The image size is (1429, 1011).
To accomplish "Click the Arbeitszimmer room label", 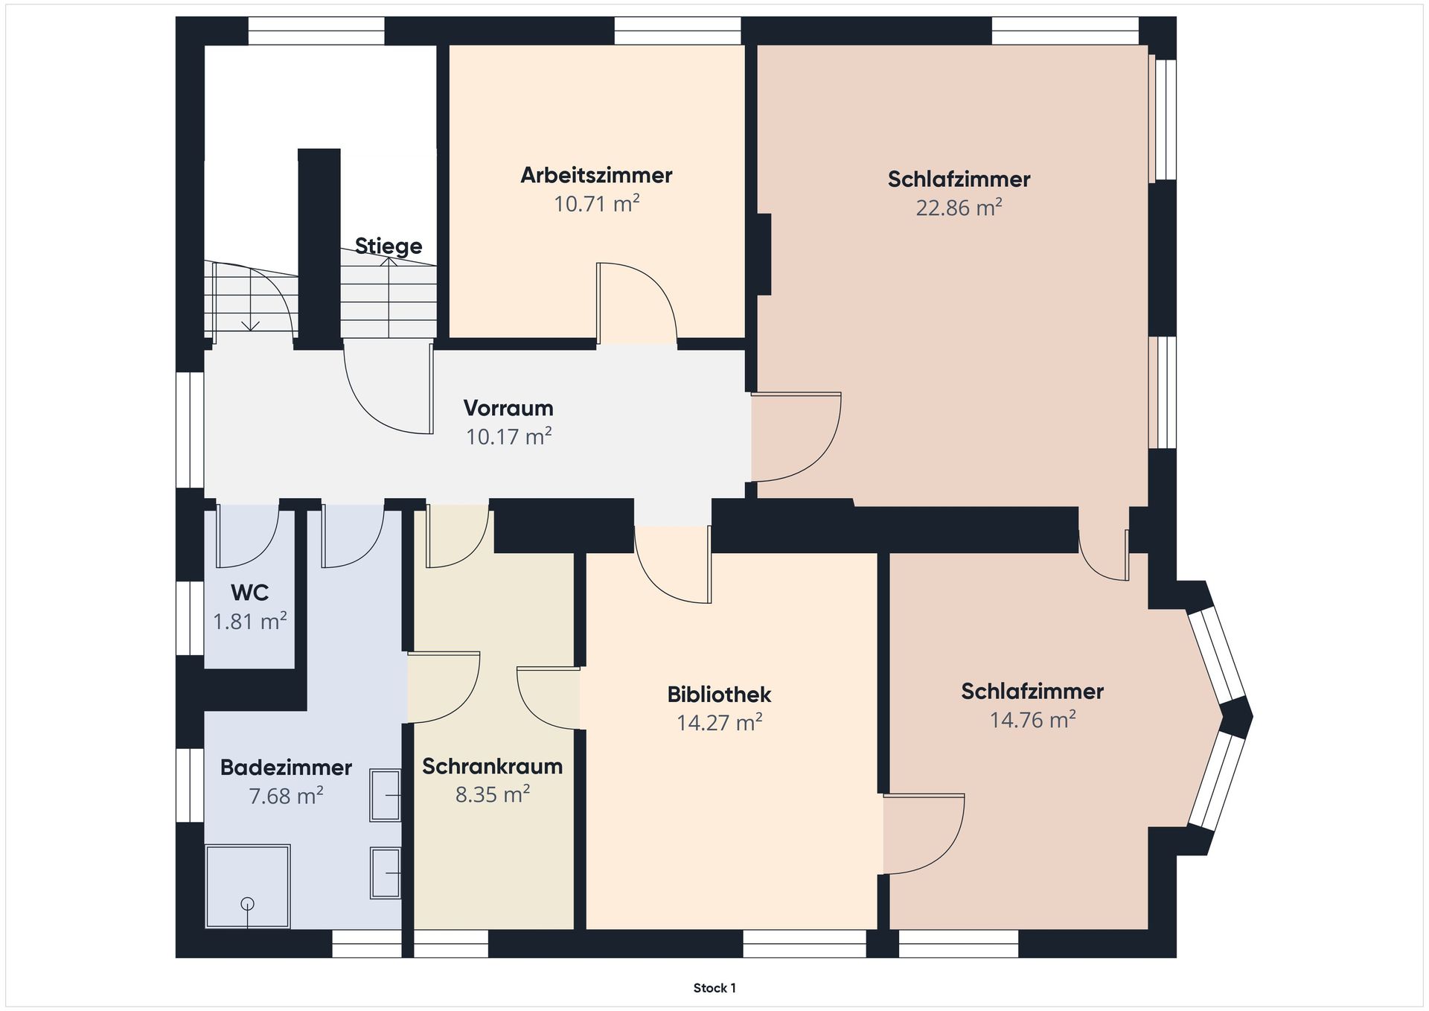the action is point(596,175).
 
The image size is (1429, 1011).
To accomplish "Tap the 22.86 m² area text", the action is point(959,207).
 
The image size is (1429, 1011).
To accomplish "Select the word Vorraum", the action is point(508,408).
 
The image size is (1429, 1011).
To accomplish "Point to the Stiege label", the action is point(389,246).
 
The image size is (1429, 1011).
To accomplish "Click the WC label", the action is point(250,593).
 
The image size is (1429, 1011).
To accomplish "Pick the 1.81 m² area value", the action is point(250,621).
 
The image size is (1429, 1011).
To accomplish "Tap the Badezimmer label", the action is point(286,768).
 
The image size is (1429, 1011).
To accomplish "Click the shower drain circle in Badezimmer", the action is point(248,904).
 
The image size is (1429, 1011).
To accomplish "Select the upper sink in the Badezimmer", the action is point(386,795).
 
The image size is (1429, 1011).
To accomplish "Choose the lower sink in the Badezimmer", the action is point(386,873).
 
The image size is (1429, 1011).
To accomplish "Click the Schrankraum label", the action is point(492,766).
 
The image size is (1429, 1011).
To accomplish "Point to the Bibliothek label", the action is point(719,695).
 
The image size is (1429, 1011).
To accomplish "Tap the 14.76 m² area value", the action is point(1032,720).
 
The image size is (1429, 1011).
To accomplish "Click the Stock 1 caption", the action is point(714,988).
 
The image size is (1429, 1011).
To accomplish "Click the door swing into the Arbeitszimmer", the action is point(637,304).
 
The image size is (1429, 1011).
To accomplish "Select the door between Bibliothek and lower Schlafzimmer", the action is point(924,834).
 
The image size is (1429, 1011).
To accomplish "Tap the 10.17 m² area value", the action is point(508,436).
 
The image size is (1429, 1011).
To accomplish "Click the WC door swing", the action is point(247,536).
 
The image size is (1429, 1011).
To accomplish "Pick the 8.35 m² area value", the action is point(492,794).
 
